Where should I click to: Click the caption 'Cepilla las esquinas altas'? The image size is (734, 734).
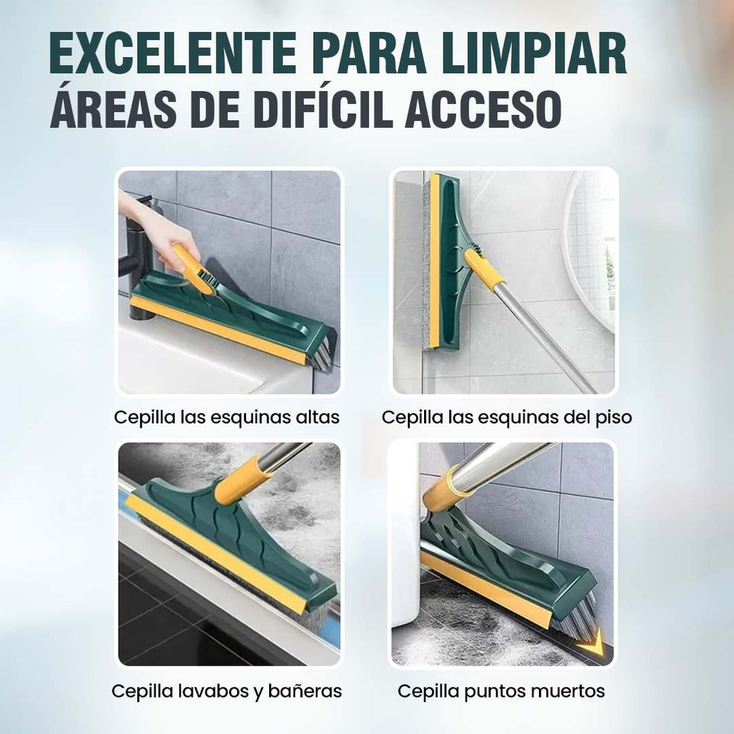point(227,417)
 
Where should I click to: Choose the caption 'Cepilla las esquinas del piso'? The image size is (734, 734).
point(506,417)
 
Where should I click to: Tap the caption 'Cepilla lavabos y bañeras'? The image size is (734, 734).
point(227,691)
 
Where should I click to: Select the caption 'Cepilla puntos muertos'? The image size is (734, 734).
point(501,691)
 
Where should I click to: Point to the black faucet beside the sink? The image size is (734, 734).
point(141,259)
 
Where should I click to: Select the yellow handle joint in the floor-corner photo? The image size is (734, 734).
point(483,268)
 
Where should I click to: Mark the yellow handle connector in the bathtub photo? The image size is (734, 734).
point(243,480)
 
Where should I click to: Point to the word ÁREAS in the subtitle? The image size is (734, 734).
point(113,108)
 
